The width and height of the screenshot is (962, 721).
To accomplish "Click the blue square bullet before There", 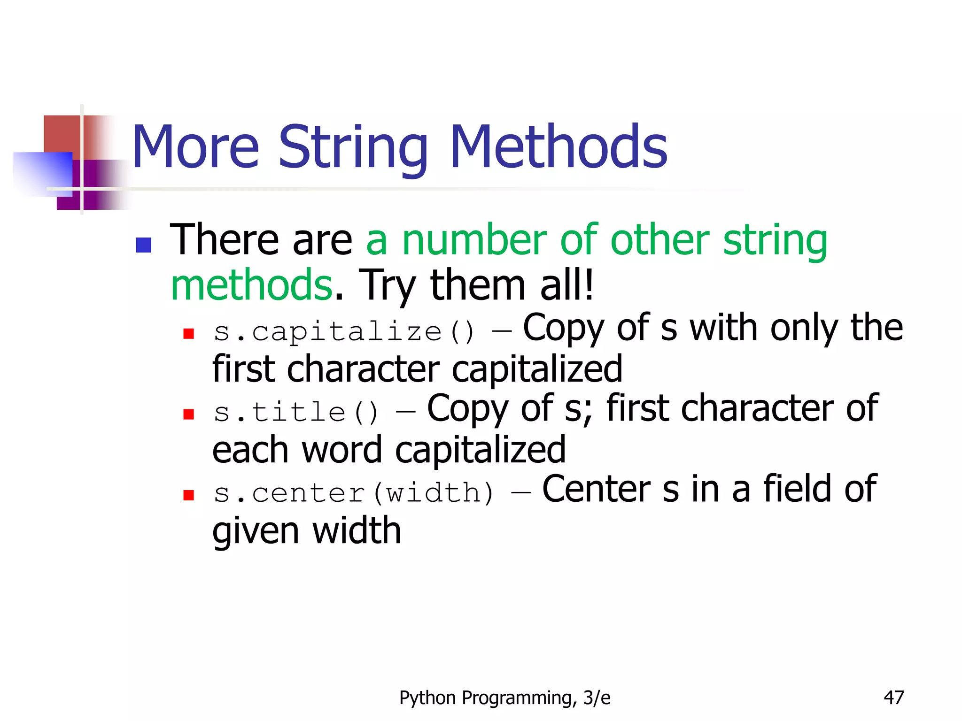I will click(143, 245).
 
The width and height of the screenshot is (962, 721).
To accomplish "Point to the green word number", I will click(474, 240).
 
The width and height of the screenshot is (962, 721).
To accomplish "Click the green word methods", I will click(251, 285).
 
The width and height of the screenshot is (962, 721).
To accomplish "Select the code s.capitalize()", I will click(344, 331).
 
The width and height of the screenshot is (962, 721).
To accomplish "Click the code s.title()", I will click(296, 412).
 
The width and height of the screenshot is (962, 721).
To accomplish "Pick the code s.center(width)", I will click(353, 493).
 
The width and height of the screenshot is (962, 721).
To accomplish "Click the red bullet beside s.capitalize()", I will click(189, 333).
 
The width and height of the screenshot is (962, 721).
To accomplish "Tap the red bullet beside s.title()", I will click(189, 414).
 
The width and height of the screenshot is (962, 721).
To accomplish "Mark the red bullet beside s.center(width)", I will click(189, 495).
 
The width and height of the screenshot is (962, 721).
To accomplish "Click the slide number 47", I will click(893, 698).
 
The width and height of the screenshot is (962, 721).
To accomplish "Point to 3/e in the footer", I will click(597, 698).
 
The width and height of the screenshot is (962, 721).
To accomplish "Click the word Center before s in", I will click(596, 489).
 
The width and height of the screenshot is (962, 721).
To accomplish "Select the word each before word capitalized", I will click(250, 450).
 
